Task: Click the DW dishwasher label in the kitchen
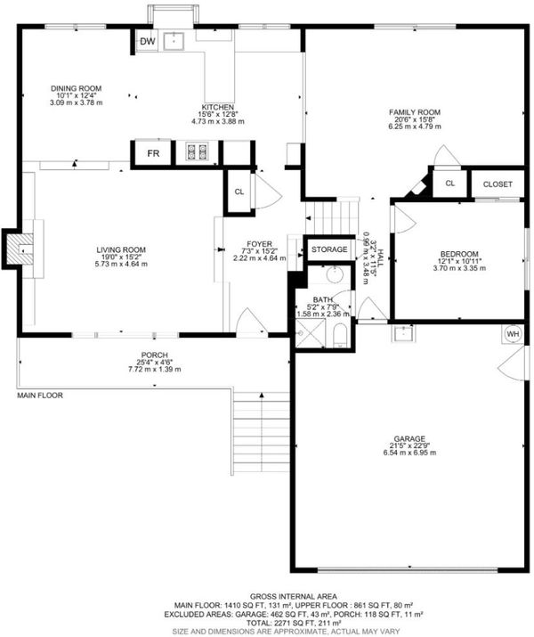coord(148,41)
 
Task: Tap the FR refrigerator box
coord(153,153)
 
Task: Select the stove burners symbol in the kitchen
coord(197,151)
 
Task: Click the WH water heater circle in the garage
coord(513,334)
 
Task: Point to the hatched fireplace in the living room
coord(20,249)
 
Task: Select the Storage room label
coord(329,249)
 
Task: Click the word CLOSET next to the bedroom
coord(498,184)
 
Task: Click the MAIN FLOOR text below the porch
coord(40,395)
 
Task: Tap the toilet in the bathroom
coord(340,336)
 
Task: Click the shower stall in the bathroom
coord(311,333)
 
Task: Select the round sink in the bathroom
coord(335,275)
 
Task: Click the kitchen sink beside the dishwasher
coord(174,41)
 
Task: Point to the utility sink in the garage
coord(403,332)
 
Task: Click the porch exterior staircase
coord(262,433)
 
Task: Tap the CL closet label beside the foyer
coord(239,192)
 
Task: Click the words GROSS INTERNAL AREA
coord(293,596)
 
